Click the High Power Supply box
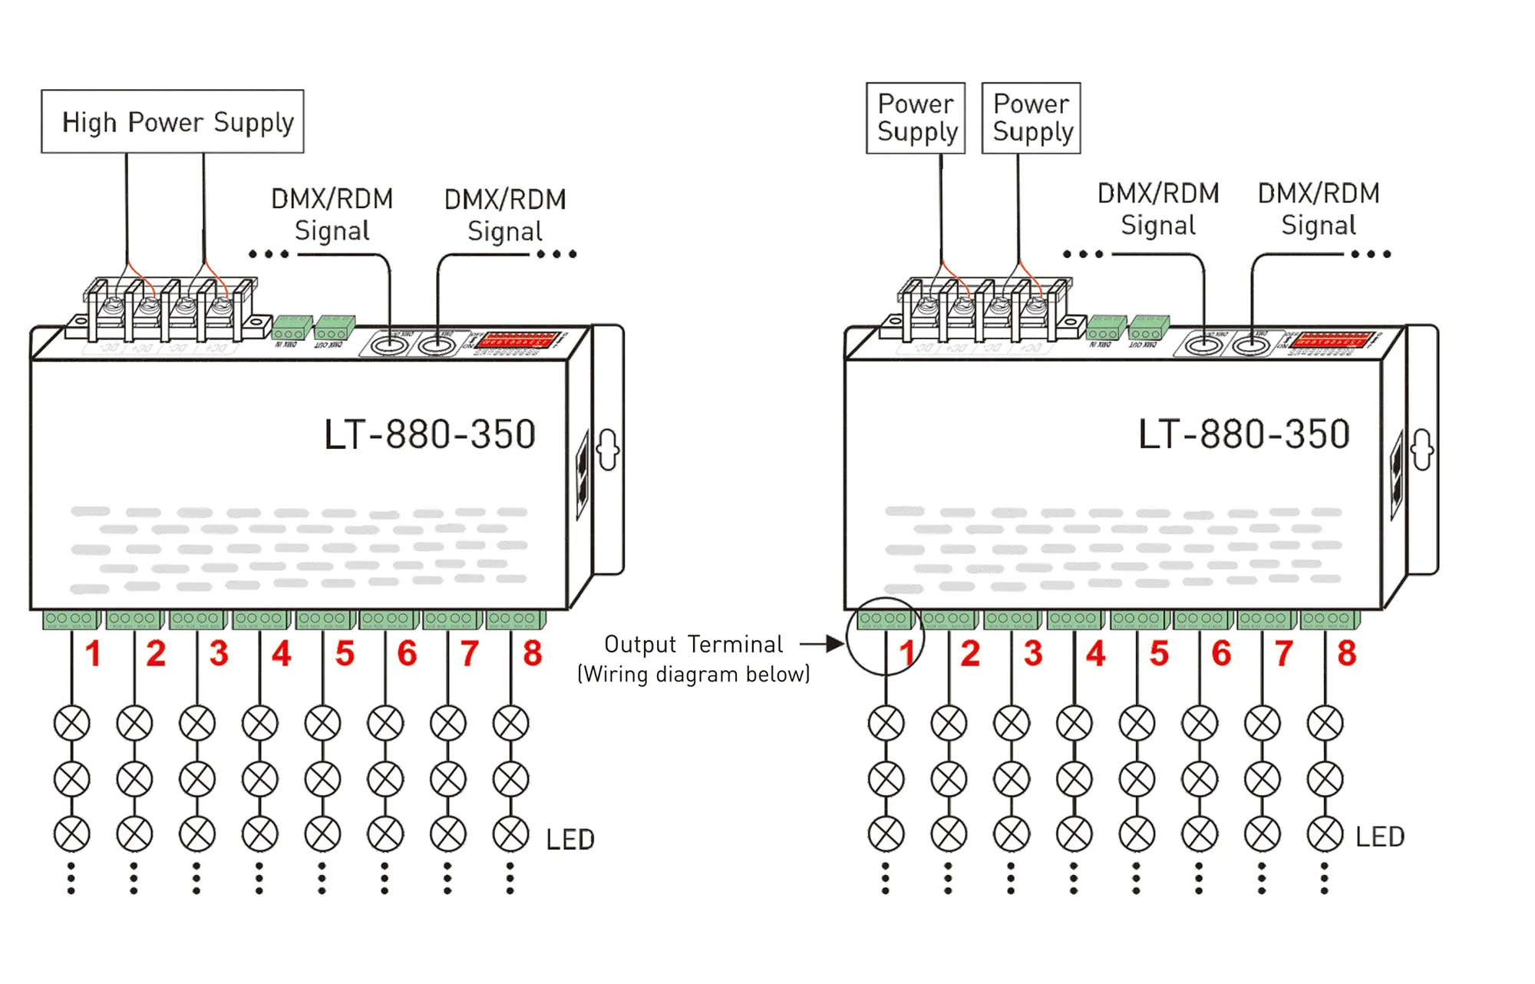173,121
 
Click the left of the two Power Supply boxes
916,118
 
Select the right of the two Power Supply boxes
1031,118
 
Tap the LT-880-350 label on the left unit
429,434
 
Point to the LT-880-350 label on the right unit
1243,434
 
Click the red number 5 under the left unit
345,654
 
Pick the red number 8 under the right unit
1347,654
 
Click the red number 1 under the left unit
93,654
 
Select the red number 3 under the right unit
1033,654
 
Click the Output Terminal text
693,644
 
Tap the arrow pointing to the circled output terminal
823,644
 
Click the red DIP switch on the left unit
517,339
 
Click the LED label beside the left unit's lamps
570,840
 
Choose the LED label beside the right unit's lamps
1380,837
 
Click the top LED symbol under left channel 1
72,723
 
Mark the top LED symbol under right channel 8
1325,723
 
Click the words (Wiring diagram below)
693,674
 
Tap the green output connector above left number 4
262,619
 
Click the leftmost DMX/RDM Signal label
332,214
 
